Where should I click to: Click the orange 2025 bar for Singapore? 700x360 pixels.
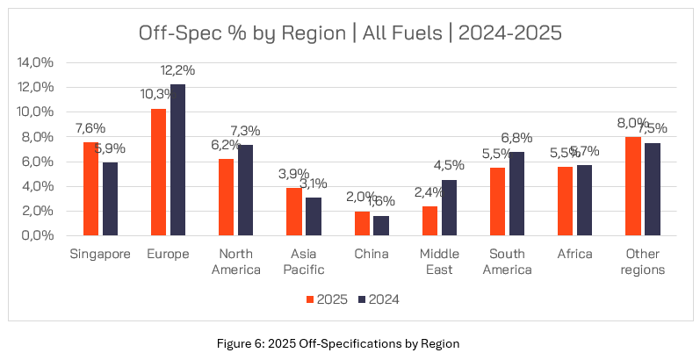pos(90,189)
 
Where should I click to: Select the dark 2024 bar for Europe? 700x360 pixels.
pos(178,160)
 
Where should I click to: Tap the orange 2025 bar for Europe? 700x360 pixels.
pos(158,172)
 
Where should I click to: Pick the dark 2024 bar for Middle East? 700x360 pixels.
pos(450,208)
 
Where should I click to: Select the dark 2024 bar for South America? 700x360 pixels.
pos(517,194)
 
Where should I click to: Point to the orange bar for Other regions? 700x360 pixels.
pos(632,186)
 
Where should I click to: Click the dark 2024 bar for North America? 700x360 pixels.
pos(246,191)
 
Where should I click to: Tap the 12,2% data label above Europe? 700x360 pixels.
pos(177,70)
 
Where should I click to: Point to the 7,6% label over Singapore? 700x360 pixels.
pos(89,128)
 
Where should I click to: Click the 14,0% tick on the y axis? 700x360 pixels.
pos(34,62)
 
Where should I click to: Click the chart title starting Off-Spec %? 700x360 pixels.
pos(350,33)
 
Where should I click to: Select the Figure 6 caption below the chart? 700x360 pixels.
pos(350,342)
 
